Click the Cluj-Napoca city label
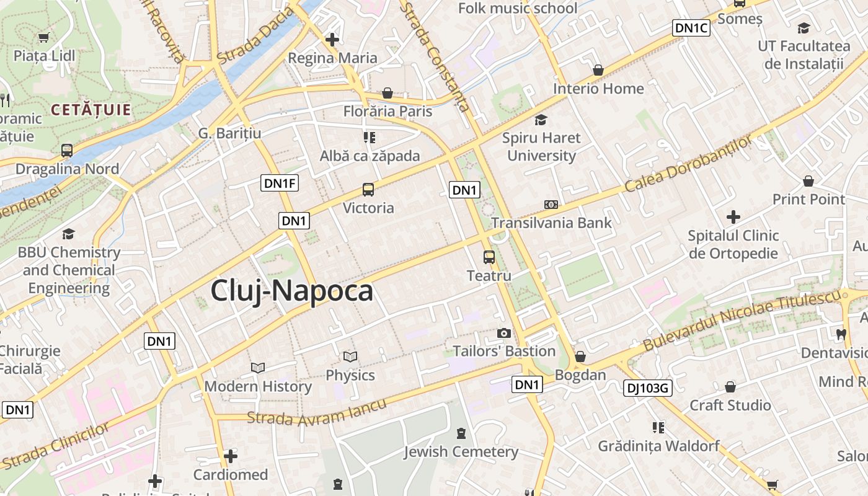(x=291, y=291)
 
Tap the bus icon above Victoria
(x=368, y=190)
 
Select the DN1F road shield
(x=280, y=183)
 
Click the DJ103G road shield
(x=647, y=388)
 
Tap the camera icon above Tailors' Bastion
(x=504, y=334)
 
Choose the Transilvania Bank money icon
(x=551, y=205)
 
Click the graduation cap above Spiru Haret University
(x=541, y=120)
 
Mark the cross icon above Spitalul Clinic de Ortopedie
(x=733, y=217)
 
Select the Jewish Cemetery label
(x=461, y=451)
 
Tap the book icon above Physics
(x=350, y=357)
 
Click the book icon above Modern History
(x=258, y=368)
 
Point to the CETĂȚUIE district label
(x=91, y=110)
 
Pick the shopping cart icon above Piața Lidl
(x=44, y=38)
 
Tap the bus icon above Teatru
(x=489, y=257)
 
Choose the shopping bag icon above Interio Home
(x=598, y=70)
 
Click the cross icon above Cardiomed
(x=231, y=457)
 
